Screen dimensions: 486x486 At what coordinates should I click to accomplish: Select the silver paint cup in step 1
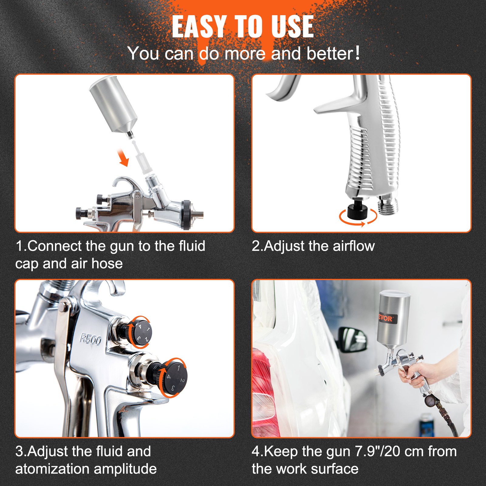pyautogui.click(x=114, y=105)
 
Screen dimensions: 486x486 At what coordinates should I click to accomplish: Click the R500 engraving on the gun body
pyautogui.click(x=91, y=339)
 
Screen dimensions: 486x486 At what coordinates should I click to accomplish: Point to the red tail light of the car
pyautogui.click(x=261, y=392)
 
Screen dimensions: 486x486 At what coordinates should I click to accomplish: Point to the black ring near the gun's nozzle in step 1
pyautogui.click(x=186, y=215)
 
